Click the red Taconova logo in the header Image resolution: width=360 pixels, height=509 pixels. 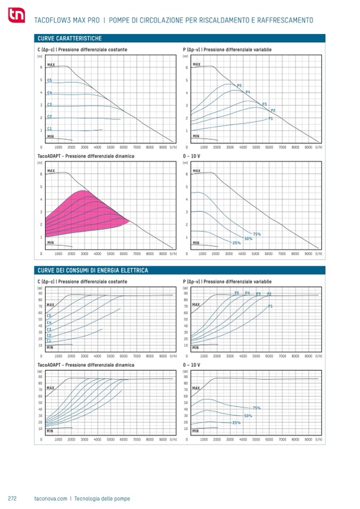pos(16,18)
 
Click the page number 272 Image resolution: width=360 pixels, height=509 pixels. pos(12,498)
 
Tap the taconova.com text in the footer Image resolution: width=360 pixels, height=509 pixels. pos(50,498)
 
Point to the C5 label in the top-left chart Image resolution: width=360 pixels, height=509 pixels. pos(49,81)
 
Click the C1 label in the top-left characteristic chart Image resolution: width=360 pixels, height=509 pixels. pos(49,128)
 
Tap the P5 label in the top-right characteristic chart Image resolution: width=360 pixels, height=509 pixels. pos(239,85)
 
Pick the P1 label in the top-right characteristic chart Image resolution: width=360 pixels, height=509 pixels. pos(271,118)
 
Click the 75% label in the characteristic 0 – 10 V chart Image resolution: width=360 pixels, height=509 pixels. pos(257,234)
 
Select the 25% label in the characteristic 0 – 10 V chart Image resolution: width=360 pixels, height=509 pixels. pos(236,243)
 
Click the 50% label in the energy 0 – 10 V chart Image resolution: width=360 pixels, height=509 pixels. pos(248,416)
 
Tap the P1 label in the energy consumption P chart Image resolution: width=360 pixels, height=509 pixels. pos(270,307)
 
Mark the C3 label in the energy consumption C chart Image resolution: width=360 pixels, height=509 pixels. pos(49,329)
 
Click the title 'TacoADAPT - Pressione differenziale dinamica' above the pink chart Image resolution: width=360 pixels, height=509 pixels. pos(85,157)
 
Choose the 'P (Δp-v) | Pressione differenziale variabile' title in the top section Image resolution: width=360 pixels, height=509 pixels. pos(227,49)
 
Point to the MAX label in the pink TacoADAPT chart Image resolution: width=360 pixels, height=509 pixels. pos(51,171)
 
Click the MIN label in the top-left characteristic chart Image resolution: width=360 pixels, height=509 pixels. pos(50,136)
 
